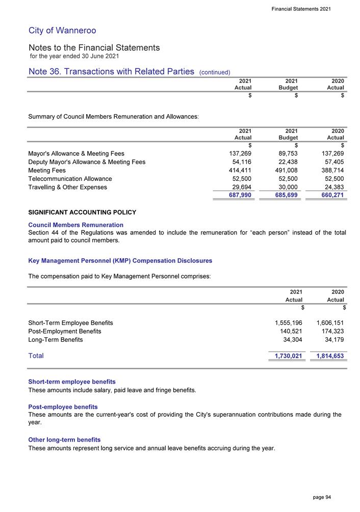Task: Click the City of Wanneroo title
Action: pos(63,31)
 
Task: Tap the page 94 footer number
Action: pos(321,497)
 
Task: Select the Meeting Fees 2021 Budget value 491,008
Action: pos(285,171)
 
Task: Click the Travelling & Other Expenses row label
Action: pos(68,187)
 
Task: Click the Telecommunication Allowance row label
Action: pos(70,179)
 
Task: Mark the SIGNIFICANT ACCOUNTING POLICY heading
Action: pos(82,212)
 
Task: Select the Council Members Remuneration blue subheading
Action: pos(76,225)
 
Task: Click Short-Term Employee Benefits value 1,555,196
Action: pos(288,323)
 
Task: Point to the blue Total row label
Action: pos(36,356)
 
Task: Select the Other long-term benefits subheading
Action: pos(65,440)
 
